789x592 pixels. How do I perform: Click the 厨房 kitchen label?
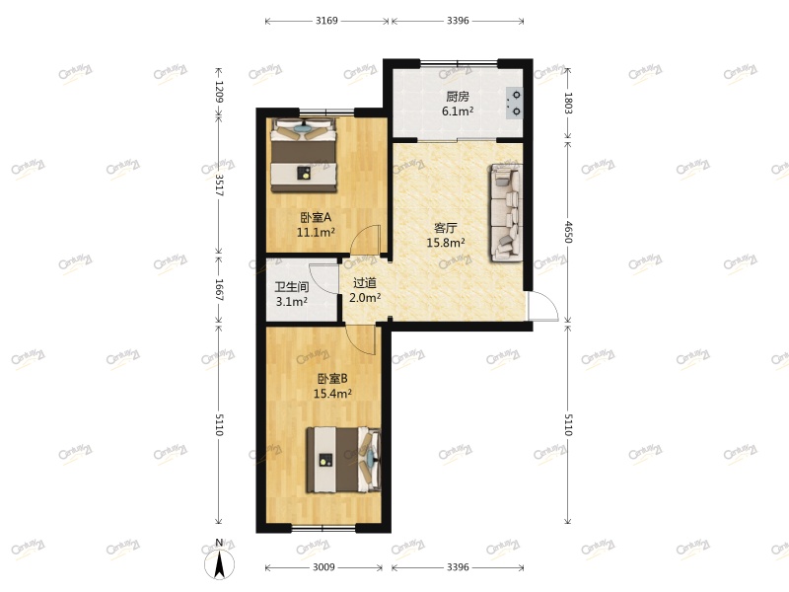pyautogui.click(x=457, y=97)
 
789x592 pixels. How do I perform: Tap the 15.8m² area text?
pyautogui.click(x=446, y=242)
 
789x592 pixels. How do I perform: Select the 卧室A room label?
pyautogui.click(x=316, y=218)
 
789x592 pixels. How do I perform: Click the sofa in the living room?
pyautogui.click(x=505, y=213)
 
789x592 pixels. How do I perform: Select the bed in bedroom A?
pyautogui.click(x=304, y=154)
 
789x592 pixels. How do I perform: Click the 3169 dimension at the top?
pyautogui.click(x=327, y=20)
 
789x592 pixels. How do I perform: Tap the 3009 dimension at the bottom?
pyautogui.click(x=324, y=567)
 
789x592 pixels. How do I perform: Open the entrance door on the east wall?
pyautogui.click(x=541, y=308)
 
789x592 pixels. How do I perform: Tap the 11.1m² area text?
pyautogui.click(x=316, y=233)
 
